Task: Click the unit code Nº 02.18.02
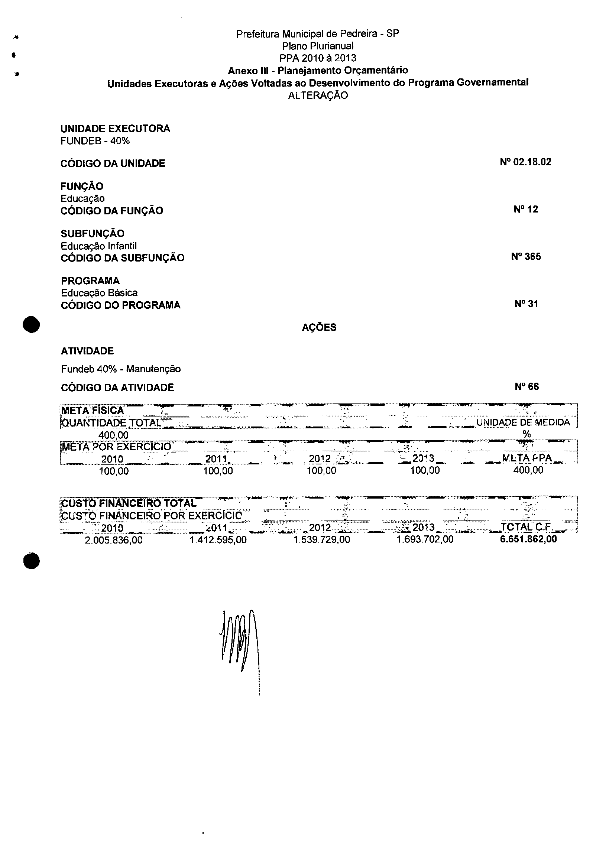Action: [525, 162]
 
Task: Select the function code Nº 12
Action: [526, 210]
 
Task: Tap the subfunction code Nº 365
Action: [526, 257]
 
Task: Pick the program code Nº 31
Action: [526, 304]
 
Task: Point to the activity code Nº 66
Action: [527, 387]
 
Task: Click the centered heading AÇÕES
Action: [319, 327]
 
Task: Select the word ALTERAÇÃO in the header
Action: [318, 95]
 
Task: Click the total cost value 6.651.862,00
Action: [528, 539]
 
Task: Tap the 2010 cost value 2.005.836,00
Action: [114, 540]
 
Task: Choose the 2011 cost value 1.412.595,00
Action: [218, 540]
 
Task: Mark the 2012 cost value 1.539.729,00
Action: [321, 539]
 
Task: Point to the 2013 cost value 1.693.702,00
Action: [425, 539]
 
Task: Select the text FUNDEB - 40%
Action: [95, 141]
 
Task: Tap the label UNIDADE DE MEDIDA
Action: [523, 422]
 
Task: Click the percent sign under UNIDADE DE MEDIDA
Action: [527, 434]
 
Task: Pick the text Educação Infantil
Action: [99, 246]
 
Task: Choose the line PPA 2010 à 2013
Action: [318, 58]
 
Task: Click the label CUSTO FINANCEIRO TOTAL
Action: [129, 503]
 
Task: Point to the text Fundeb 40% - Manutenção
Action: [121, 369]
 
